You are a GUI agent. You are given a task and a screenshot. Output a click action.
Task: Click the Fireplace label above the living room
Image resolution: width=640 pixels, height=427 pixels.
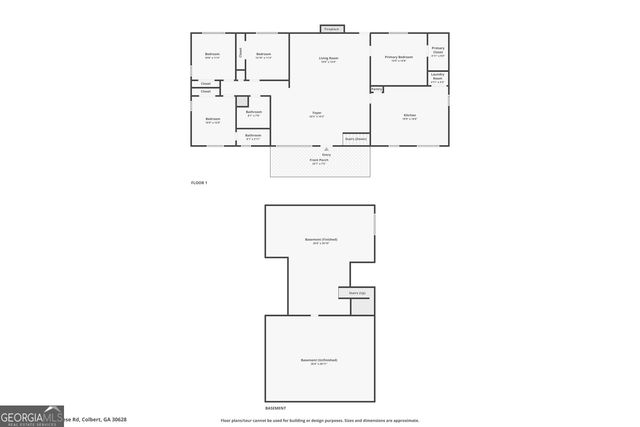(331, 30)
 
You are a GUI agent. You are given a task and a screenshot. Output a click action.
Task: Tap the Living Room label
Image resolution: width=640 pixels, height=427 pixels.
(328, 58)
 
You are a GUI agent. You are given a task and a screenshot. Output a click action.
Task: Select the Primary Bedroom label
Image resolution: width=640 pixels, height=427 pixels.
(399, 57)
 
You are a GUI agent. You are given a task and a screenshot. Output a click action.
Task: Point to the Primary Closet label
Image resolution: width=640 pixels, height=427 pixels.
(438, 50)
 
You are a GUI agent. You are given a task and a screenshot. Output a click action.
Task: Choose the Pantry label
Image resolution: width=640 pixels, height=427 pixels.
(376, 90)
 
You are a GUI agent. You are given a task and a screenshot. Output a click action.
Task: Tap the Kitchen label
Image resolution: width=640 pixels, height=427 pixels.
(409, 116)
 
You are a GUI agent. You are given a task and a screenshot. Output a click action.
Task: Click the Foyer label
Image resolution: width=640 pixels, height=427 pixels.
(316, 115)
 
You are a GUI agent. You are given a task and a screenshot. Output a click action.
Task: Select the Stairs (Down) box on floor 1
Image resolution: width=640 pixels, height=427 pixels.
(356, 138)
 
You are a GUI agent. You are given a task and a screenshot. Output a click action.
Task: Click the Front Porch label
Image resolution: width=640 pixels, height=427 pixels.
(319, 159)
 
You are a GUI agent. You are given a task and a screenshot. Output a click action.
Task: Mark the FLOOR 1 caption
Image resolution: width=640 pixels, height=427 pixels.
(199, 183)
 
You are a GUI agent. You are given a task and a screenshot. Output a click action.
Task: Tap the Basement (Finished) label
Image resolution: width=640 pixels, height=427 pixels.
(320, 239)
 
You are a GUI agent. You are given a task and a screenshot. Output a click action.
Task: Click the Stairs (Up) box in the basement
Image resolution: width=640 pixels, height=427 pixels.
(357, 292)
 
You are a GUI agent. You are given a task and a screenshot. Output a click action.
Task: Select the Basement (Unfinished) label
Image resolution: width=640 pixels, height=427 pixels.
(319, 360)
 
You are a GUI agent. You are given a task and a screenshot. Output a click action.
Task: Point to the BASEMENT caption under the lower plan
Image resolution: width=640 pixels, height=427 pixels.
(275, 409)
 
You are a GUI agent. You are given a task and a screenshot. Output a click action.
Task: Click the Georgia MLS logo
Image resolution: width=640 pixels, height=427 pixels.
(30, 417)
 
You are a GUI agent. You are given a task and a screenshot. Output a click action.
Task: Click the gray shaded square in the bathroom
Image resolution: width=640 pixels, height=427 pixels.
(242, 101)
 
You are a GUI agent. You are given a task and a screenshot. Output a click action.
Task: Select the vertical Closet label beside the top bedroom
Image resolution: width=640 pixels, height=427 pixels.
(240, 52)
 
